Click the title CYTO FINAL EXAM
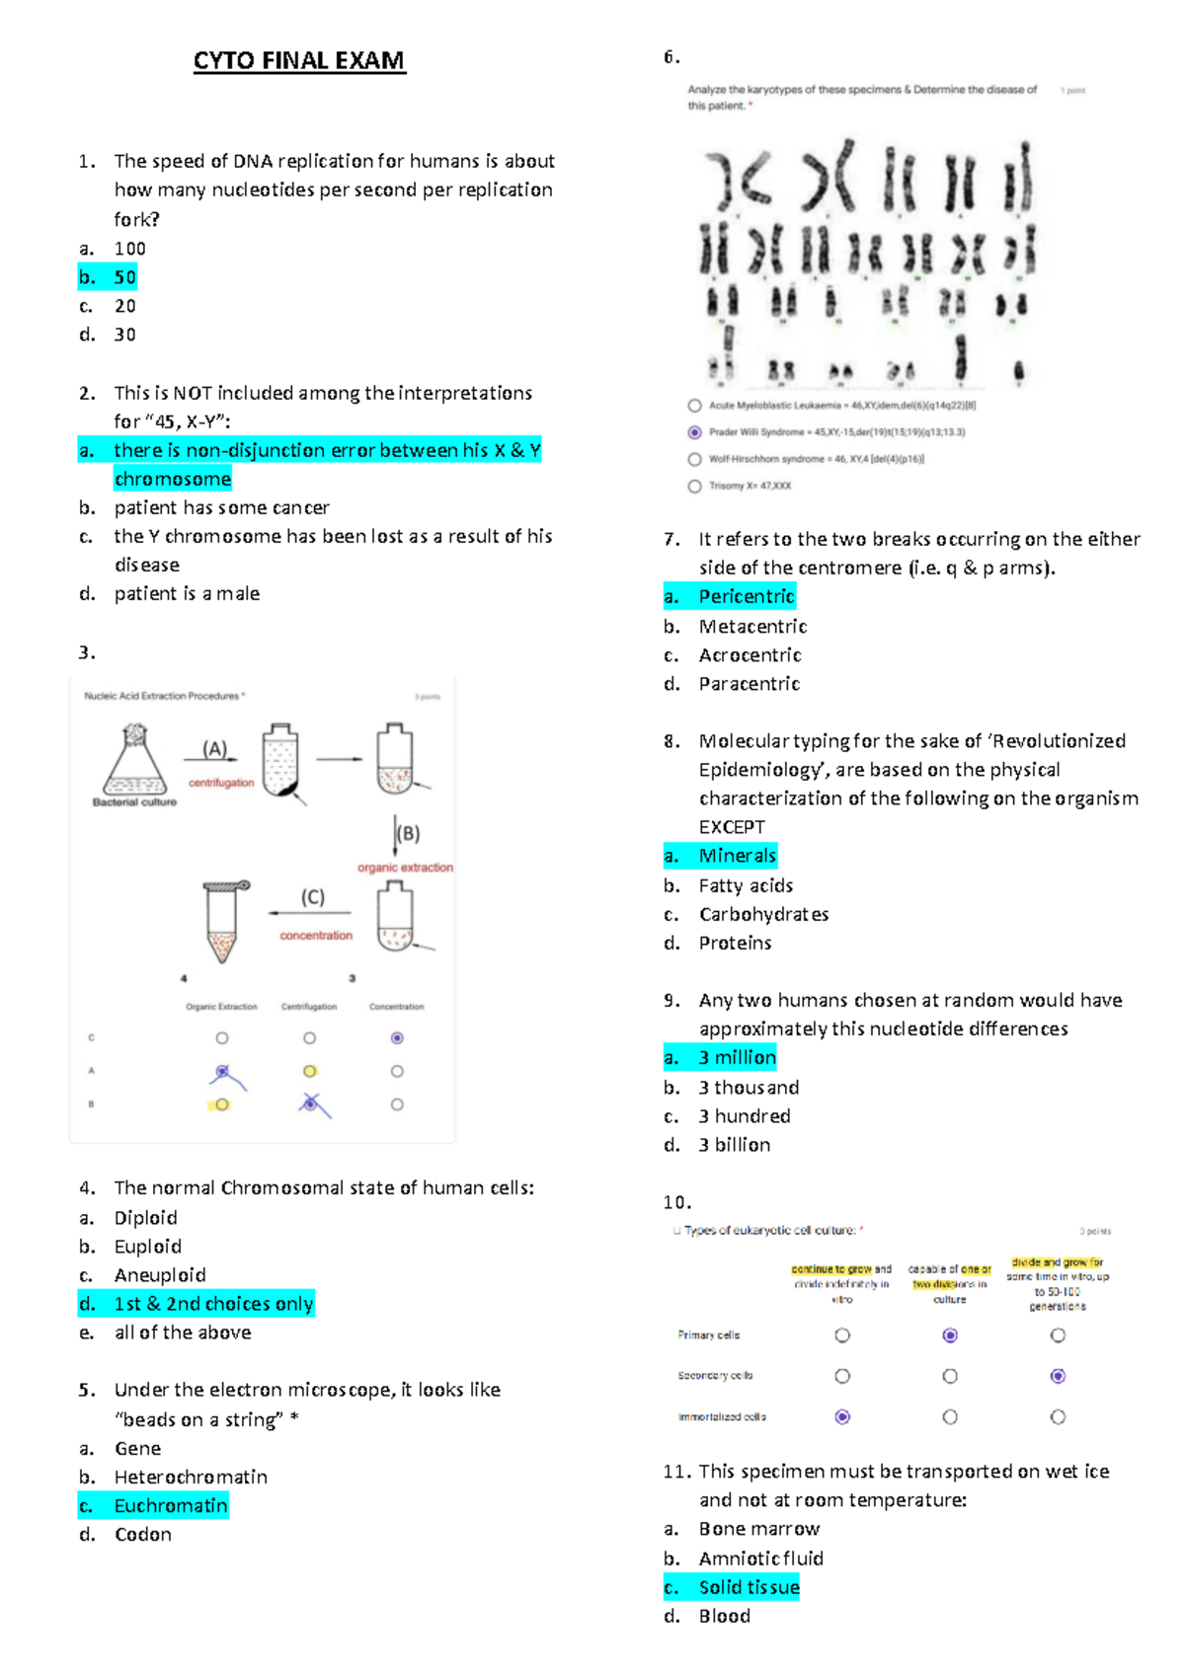(298, 61)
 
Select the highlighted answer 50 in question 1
(124, 277)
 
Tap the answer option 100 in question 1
(129, 249)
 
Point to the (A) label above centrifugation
(214, 749)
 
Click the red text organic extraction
(405, 868)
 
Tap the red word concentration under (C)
(315, 936)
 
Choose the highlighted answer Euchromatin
(170, 1506)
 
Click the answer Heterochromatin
(191, 1478)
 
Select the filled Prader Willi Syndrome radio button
(694, 432)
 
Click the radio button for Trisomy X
(694, 486)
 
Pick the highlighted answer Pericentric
(746, 596)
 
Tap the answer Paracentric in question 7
(749, 684)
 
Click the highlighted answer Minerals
(737, 856)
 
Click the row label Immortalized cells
(721, 1417)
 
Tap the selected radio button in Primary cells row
(950, 1335)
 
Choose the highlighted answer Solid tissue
(749, 1587)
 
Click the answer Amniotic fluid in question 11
(760, 1559)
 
